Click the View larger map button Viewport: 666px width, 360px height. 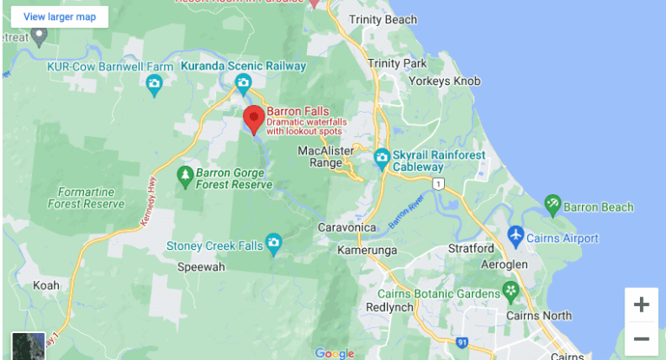tap(60, 16)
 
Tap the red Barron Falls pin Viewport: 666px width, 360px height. tap(253, 120)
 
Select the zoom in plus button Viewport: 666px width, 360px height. tap(641, 304)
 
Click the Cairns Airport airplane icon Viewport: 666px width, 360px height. tap(516, 236)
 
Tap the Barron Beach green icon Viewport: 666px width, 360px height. tap(552, 205)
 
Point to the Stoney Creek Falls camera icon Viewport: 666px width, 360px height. tap(274, 242)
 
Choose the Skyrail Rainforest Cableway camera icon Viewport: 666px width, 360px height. tap(382, 159)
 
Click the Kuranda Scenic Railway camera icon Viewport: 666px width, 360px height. tap(244, 82)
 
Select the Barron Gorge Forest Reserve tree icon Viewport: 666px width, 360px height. tap(185, 176)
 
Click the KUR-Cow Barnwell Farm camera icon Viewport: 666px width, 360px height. tap(154, 83)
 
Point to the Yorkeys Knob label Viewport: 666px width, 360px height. tap(449, 81)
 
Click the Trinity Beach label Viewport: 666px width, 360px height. tap(382, 19)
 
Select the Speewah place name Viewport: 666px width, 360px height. tap(201, 267)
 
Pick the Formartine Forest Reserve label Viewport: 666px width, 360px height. tap(91, 198)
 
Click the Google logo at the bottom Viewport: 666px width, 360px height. tap(335, 353)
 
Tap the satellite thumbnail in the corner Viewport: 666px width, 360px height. tap(28, 345)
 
